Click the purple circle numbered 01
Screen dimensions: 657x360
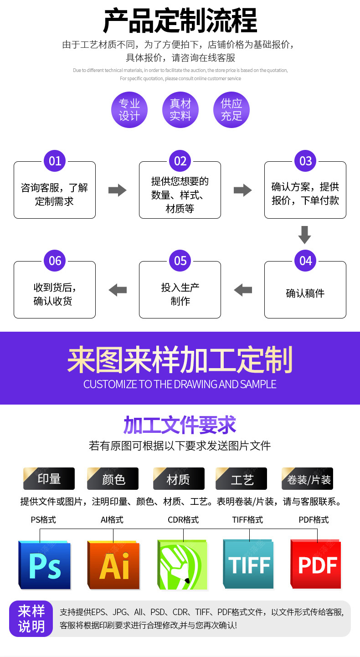(x=55, y=161)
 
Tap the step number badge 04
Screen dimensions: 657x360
(x=305, y=261)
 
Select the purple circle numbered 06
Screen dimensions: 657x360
(x=55, y=261)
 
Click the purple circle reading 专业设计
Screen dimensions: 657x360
(x=129, y=110)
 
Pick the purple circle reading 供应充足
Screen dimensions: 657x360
(x=231, y=110)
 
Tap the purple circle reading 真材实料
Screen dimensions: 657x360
(x=180, y=110)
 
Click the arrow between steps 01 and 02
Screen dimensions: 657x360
(x=117, y=190)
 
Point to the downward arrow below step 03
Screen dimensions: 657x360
(x=304, y=235)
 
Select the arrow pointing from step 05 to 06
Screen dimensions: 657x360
(x=118, y=289)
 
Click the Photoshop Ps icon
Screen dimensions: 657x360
(x=45, y=565)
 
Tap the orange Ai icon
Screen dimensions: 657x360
(x=113, y=565)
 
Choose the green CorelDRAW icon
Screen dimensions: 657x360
(x=182, y=565)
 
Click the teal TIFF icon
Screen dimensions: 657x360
(x=248, y=565)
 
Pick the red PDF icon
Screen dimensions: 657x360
(x=316, y=565)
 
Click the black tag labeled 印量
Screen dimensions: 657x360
(x=49, y=479)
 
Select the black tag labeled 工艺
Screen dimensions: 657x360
(x=242, y=479)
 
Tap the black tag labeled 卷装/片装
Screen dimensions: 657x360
(x=308, y=479)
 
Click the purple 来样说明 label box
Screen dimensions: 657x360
(x=31, y=618)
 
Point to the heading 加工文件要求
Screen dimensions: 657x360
(x=180, y=425)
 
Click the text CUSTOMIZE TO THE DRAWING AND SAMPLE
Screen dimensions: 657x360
(x=180, y=384)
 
